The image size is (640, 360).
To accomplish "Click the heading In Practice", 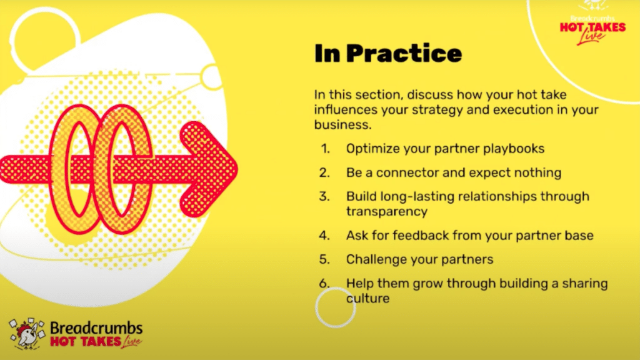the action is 387,53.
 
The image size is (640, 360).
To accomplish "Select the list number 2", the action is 324,172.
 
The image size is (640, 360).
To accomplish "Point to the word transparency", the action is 386,211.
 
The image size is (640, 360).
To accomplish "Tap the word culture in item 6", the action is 367,298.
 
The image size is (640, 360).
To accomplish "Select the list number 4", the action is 324,236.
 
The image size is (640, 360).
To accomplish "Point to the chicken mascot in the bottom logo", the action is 27,334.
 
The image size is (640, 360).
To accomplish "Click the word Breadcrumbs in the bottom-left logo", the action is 96,327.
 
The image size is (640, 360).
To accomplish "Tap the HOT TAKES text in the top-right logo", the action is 592,27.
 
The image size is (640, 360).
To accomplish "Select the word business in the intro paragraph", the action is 343,124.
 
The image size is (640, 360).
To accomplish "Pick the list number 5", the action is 324,259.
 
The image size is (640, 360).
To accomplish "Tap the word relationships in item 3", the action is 497,197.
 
